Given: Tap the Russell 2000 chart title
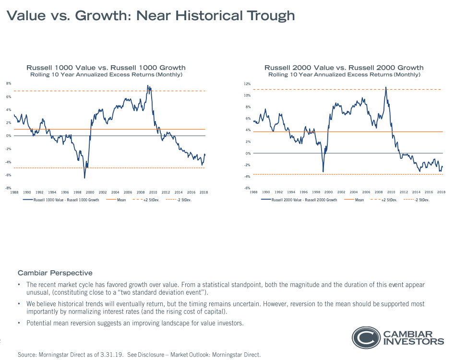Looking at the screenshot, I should [x=344, y=68].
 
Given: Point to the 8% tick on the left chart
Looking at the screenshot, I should [x=9, y=84].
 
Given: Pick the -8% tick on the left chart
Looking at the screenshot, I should [x=9, y=188].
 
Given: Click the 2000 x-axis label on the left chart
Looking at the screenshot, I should [x=90, y=192].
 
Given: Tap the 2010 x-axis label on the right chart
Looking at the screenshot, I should [x=391, y=192].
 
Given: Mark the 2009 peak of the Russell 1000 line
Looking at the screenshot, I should [x=148, y=86].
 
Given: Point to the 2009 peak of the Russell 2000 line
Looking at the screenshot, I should [x=386, y=87].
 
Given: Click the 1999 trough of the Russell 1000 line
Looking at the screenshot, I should [x=84, y=178].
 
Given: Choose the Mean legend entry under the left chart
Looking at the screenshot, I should [x=120, y=200].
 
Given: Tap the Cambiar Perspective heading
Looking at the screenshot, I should [x=55, y=273].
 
